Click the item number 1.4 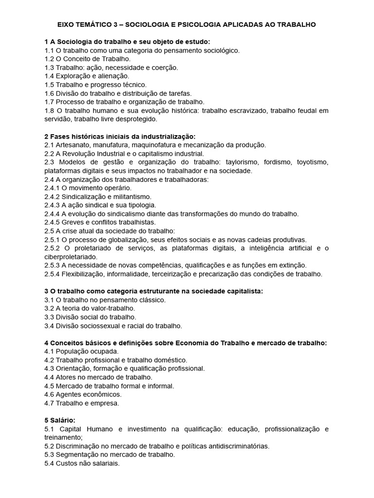click(49, 76)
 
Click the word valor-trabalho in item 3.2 click(112, 308)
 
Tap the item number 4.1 click(49, 351)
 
